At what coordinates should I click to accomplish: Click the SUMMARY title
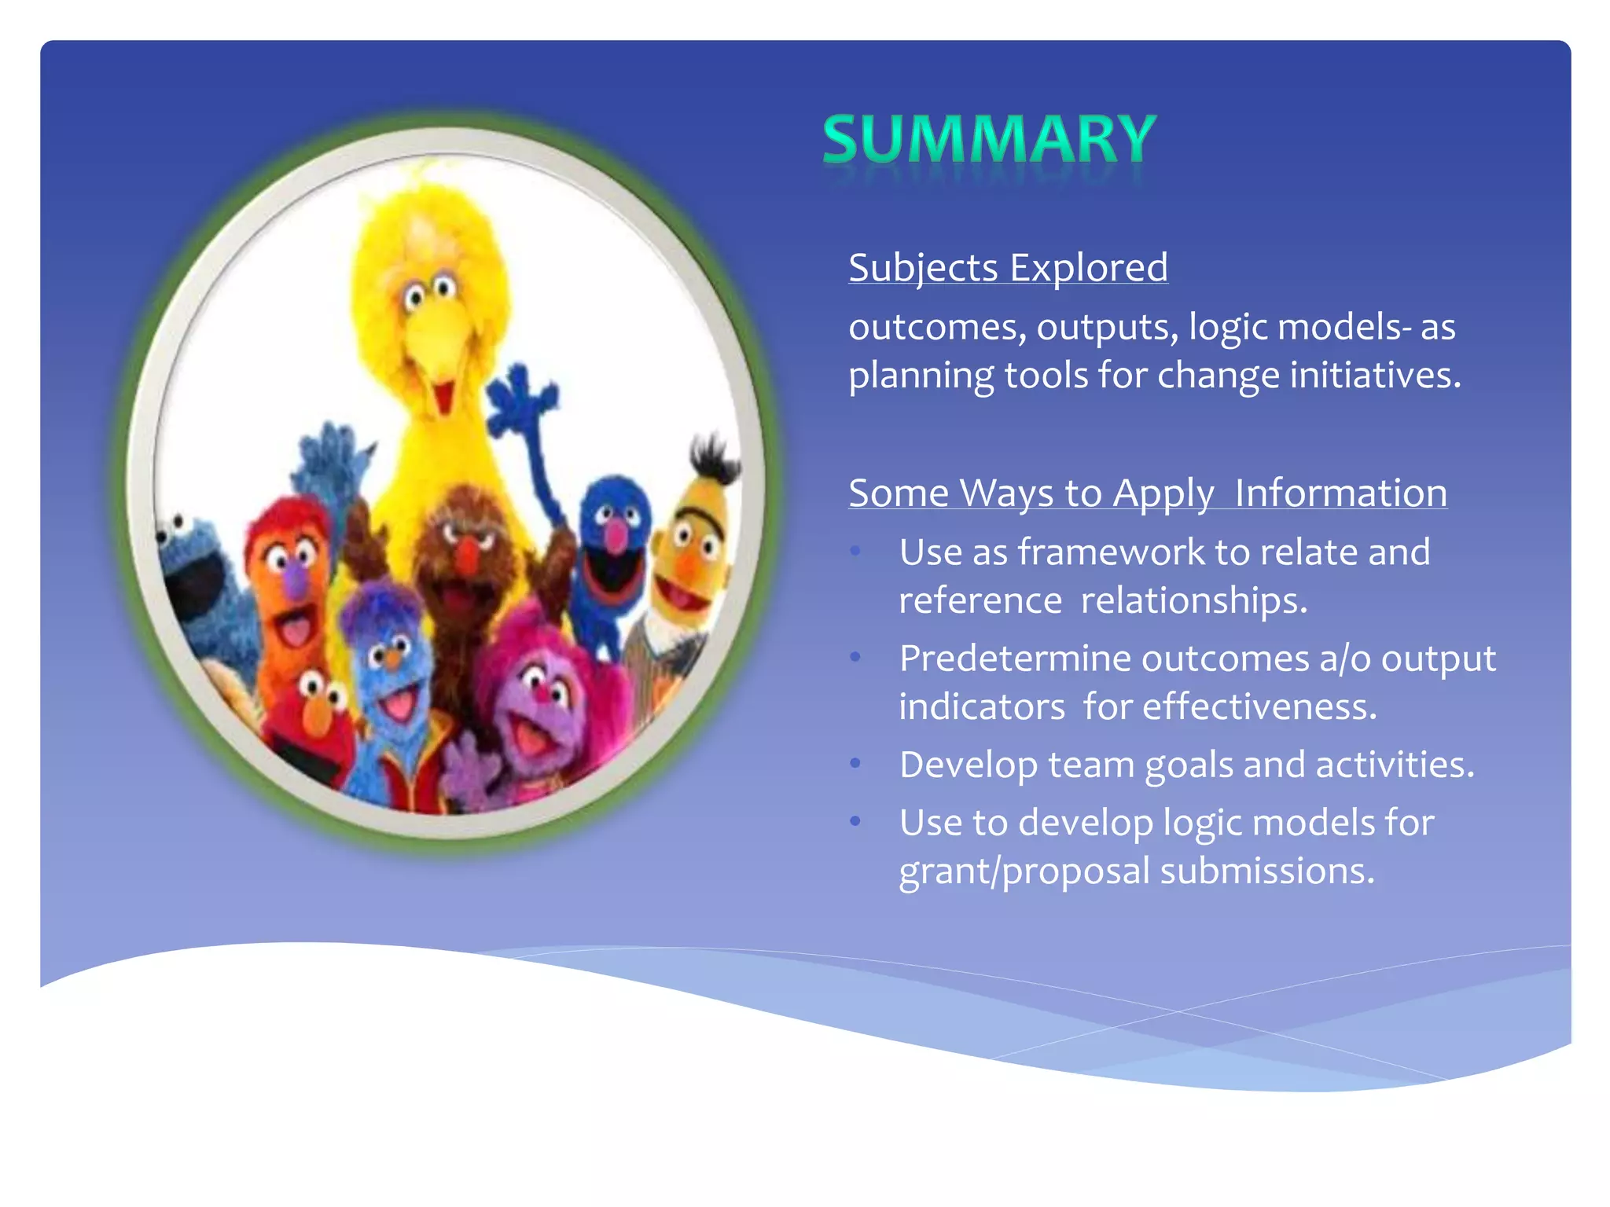pos(989,139)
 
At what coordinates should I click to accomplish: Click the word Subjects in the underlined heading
pos(923,268)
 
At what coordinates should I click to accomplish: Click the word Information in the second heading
pos(1340,493)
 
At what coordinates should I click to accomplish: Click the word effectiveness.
pos(1259,706)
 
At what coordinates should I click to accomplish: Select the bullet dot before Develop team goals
pos(856,764)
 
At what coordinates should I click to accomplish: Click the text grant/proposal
pos(1024,871)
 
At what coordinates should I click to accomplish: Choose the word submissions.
pos(1266,871)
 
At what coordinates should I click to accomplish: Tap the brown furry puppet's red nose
pos(467,554)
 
